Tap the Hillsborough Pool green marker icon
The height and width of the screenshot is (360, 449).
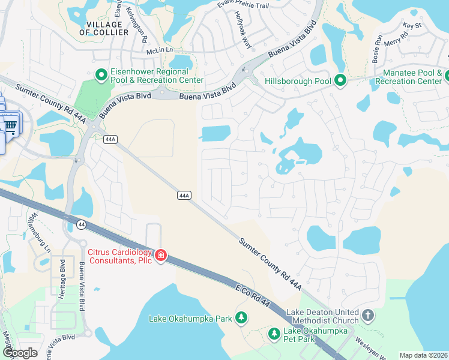[340, 80]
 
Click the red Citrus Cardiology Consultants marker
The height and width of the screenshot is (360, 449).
[160, 256]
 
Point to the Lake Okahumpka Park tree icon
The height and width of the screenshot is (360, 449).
[241, 317]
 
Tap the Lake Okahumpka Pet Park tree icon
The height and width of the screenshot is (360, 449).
[274, 332]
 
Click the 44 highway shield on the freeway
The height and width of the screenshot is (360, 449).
[81, 224]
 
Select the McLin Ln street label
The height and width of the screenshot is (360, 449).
[160, 52]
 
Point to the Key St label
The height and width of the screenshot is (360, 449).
[412, 26]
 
